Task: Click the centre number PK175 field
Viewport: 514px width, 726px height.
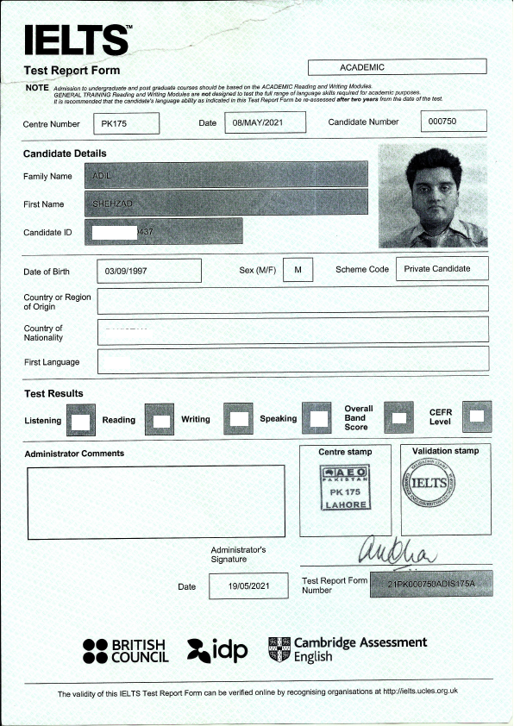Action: tap(126, 123)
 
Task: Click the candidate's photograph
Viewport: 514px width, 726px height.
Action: tap(433, 195)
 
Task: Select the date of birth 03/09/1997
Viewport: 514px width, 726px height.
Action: tap(149, 271)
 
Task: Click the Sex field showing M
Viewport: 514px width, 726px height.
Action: tap(298, 270)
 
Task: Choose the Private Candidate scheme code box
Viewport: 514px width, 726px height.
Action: tap(442, 269)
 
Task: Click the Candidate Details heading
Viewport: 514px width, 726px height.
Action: tap(65, 153)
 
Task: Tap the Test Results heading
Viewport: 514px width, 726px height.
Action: tap(53, 393)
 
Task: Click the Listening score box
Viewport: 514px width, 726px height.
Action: tap(80, 421)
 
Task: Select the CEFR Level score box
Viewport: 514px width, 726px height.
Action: tap(477, 417)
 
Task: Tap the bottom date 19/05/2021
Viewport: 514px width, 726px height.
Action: tap(248, 586)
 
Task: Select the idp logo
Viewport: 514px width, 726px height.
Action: tap(218, 650)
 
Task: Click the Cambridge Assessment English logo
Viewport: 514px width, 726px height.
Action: tap(347, 649)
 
